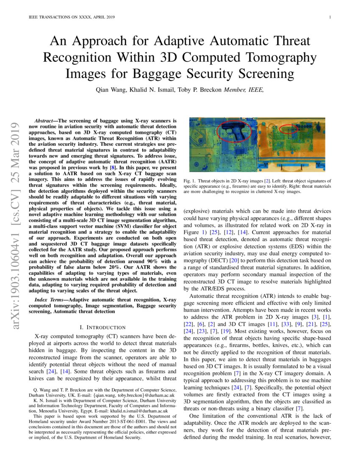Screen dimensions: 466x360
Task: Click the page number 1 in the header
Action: (330, 17)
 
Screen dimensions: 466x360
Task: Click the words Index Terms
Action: (50, 300)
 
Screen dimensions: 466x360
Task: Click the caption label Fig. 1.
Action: (190, 181)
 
